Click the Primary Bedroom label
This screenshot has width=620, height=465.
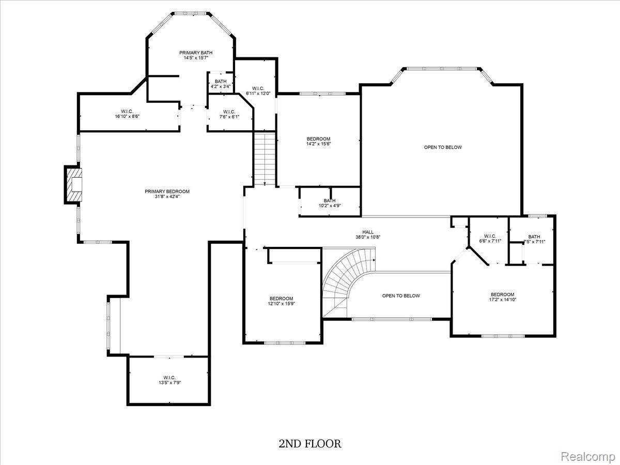[x=167, y=194]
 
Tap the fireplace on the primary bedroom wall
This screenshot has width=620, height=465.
[x=74, y=184]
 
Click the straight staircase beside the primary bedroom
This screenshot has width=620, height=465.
[x=265, y=159]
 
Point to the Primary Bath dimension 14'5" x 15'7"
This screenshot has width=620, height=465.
[x=196, y=58]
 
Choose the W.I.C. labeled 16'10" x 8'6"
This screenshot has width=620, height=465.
[x=127, y=114]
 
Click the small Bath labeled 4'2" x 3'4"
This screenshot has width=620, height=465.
[x=221, y=84]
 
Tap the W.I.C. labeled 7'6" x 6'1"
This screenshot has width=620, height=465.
[x=229, y=114]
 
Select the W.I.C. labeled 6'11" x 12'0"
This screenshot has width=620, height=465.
[x=258, y=90]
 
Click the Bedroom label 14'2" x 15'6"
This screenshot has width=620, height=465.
[x=318, y=141]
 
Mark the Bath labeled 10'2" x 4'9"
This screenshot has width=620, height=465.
[x=329, y=203]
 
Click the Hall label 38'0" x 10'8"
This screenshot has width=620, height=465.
[x=368, y=235]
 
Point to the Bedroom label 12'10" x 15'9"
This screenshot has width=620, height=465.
[x=281, y=301]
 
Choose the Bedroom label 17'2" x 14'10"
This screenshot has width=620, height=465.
[x=503, y=297]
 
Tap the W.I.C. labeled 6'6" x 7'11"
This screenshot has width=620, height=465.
[x=490, y=239]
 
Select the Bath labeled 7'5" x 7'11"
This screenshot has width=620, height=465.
[x=534, y=239]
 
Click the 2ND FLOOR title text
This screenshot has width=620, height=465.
[x=310, y=443]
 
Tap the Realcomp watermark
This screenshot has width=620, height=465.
[x=588, y=457]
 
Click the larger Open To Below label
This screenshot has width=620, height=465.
[x=443, y=147]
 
